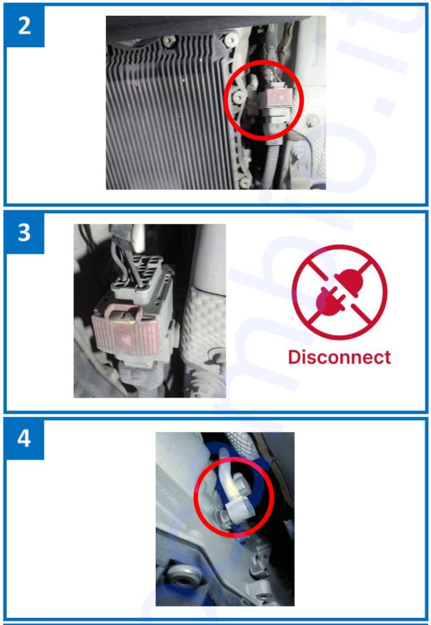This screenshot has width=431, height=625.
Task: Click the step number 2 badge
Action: pos(24,26)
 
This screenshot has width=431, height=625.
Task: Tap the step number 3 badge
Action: pos(24,233)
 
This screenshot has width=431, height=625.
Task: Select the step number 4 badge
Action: pos(24,438)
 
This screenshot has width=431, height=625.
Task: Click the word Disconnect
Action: pos(340,357)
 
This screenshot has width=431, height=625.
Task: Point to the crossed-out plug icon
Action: pos(340,292)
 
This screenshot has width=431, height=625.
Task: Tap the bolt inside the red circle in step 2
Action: pos(239,99)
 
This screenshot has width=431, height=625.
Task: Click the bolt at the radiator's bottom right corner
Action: pos(244,183)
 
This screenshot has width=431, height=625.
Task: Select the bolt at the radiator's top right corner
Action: pos(230,39)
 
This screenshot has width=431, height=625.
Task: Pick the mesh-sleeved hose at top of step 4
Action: pos(241,443)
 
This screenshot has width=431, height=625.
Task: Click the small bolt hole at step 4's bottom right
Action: pos(262,596)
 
